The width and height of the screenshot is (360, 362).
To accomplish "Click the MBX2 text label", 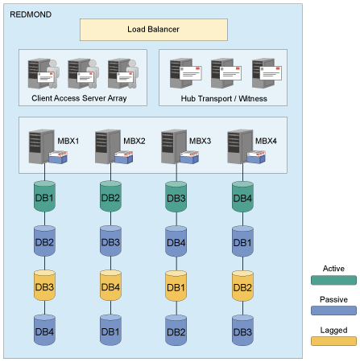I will click(134, 140).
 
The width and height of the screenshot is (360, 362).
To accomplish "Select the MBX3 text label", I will click(200, 140).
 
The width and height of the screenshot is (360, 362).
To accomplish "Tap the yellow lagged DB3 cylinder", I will click(44, 286).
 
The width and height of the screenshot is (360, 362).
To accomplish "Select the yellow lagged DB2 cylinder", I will click(242, 286).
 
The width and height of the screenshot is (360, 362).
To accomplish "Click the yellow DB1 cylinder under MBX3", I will click(176, 286).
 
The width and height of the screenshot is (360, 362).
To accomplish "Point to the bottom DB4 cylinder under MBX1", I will click(44, 331).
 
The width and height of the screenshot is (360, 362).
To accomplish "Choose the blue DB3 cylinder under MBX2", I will click(110, 242).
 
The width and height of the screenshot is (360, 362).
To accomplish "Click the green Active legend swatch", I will click(333, 280).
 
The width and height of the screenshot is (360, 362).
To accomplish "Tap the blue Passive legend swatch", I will click(333, 311).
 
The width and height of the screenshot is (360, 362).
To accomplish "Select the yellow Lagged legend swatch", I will click(333, 341).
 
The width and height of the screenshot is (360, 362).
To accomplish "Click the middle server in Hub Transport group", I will click(222, 73).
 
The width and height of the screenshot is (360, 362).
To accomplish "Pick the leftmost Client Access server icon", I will click(41, 73).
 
